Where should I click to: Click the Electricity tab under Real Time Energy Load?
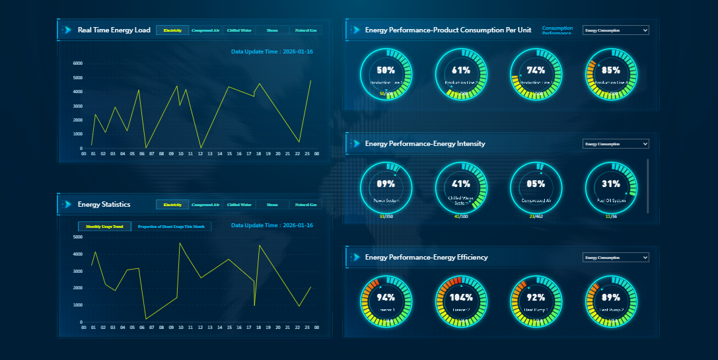[172, 30]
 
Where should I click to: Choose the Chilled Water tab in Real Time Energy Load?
[239, 30]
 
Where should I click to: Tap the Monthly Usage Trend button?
[104, 227]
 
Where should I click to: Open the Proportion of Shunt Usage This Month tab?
[172, 227]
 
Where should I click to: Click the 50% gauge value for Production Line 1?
[386, 70]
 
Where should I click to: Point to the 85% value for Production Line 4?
[611, 70]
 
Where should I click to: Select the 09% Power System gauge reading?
[386, 184]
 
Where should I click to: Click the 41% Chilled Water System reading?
[461, 184]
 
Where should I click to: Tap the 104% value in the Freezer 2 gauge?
[461, 297]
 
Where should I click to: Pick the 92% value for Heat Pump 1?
[536, 297]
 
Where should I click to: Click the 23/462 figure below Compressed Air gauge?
[536, 216]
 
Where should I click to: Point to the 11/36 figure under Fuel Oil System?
[611, 216]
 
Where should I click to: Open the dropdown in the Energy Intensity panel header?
[616, 144]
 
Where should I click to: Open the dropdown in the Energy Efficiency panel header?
[616, 258]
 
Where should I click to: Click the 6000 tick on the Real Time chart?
[78, 63]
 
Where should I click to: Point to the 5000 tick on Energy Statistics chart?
[78, 236]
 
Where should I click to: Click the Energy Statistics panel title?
[104, 205]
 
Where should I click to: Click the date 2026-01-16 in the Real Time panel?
[298, 52]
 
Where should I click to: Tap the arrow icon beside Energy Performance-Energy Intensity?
[355, 143]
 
